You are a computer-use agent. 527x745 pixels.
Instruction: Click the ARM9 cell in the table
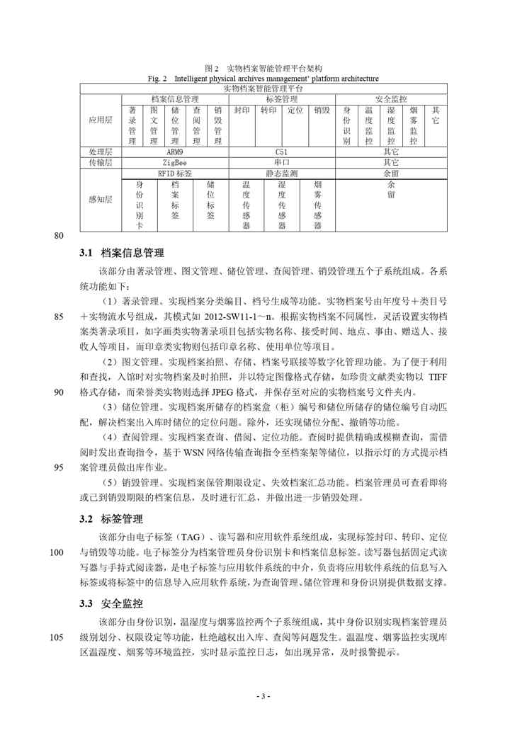174,152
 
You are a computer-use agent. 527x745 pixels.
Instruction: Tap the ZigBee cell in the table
174,162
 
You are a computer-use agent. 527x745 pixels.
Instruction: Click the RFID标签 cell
174,173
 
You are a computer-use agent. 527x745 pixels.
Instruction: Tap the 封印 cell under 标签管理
242,111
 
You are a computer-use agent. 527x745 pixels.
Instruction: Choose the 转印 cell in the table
268,111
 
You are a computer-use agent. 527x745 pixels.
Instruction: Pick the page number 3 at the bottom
263,697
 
